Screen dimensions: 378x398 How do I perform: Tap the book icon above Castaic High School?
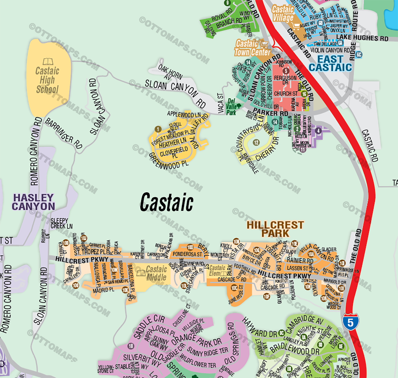tap(48, 61)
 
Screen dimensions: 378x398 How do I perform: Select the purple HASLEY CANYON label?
tap(33, 202)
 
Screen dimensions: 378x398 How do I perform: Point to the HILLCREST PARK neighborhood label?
tap(275, 229)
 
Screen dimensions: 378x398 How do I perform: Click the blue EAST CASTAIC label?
tap(330, 63)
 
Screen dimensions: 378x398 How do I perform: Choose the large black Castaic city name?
tap(167, 202)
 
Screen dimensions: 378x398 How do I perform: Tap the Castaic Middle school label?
tap(156, 273)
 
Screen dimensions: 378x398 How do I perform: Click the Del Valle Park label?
tap(232, 107)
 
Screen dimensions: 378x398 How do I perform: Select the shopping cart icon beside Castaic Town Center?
tap(264, 44)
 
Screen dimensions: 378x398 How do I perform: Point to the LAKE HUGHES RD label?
tap(362, 38)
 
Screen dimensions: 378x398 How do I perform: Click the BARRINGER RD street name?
tap(64, 134)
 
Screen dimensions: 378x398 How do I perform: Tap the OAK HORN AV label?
tap(170, 72)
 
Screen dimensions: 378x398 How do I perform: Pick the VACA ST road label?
tap(220, 103)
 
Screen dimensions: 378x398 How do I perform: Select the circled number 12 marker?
tap(256, 142)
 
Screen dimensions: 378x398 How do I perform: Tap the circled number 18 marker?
tap(131, 346)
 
